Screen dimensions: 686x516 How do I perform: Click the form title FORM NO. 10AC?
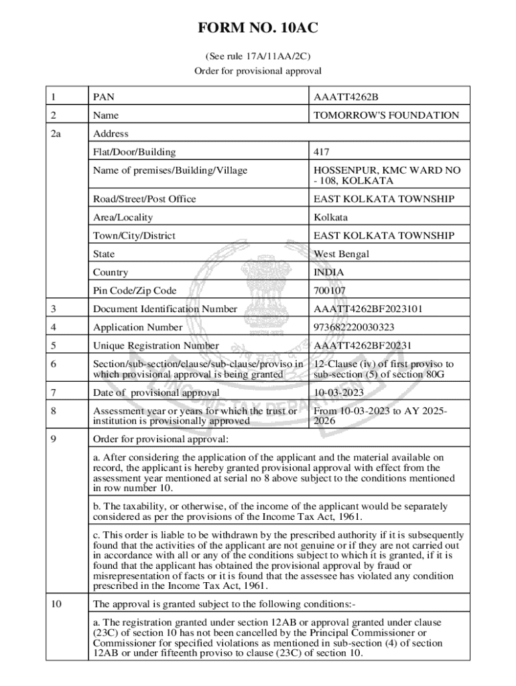click(258, 28)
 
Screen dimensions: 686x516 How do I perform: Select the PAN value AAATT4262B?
click(350, 97)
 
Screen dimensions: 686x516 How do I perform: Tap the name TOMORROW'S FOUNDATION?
click(387, 115)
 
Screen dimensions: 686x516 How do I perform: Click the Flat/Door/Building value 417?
click(322, 152)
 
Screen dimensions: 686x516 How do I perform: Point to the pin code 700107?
click(330, 291)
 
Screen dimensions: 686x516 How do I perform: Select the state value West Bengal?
click(342, 254)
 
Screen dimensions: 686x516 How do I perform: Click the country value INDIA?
click(329, 273)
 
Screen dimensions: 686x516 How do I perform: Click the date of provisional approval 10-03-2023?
click(339, 392)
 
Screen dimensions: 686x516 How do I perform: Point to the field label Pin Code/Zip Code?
click(135, 291)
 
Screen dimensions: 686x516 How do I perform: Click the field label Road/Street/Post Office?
click(145, 199)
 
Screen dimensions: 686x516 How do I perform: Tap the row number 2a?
click(56, 134)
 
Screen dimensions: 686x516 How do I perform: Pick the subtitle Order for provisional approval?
click(258, 70)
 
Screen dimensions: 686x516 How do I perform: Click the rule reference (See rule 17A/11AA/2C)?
click(258, 57)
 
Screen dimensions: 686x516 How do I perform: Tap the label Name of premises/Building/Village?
click(170, 171)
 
